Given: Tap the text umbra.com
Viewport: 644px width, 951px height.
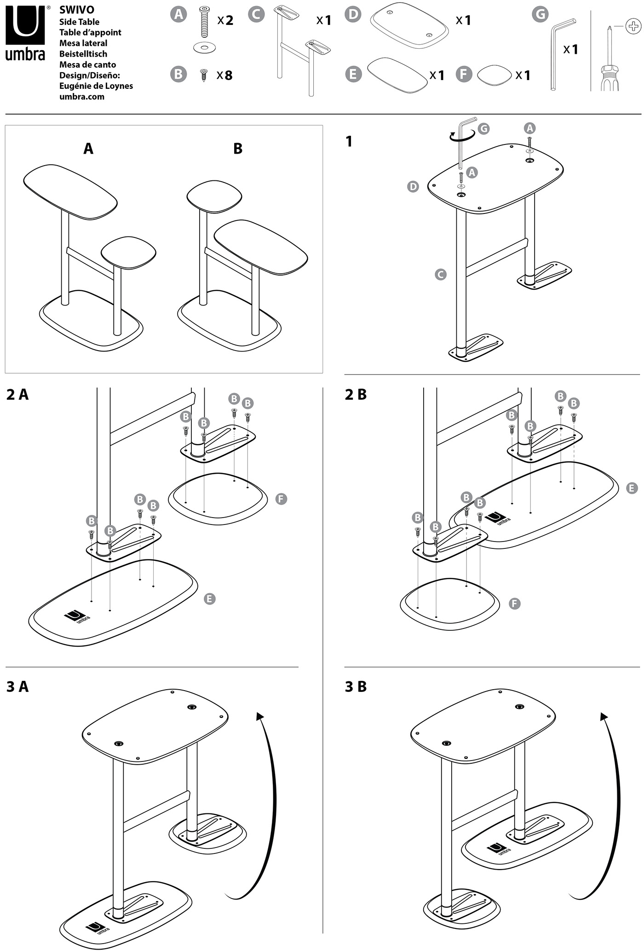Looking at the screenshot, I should point(81,97).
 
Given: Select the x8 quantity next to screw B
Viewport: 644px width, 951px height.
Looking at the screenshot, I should point(224,75).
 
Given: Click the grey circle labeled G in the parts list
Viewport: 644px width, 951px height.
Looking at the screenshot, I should point(540,14).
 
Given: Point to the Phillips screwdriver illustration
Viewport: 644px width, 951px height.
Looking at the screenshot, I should point(610,60).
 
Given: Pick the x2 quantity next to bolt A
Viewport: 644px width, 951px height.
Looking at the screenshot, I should point(225,20).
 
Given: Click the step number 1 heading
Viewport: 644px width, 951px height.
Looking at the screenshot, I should point(349,141).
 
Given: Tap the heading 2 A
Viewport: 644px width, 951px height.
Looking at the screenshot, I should point(17,395).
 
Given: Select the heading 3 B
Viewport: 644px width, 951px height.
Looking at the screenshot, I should point(356,686).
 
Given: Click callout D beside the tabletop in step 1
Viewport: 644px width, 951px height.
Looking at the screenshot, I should point(413,187).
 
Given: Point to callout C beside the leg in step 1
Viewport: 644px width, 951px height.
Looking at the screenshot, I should point(440,275).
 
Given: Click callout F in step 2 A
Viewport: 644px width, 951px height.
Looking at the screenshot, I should point(281,499).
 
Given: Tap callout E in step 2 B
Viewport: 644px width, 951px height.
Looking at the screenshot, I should point(632,488).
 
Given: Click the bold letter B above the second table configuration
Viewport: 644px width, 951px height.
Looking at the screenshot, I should point(238,149).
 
